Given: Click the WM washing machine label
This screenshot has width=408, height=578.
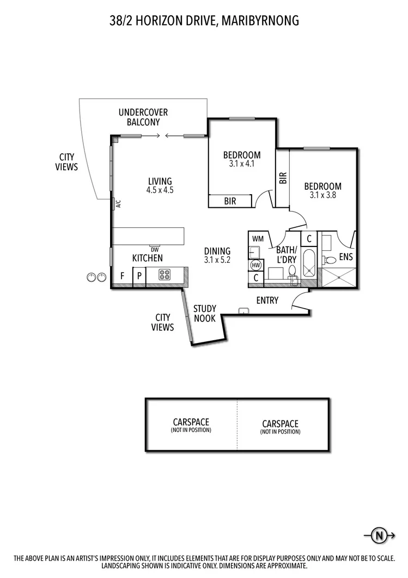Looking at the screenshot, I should click(258, 239).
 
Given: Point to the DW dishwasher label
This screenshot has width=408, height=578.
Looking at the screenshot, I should click(155, 250).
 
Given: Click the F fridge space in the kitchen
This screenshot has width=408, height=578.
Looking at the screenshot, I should click(123, 276).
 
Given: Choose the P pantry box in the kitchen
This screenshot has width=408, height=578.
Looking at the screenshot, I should click(139, 276).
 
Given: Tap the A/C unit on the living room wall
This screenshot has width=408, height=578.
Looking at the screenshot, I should click(118, 204).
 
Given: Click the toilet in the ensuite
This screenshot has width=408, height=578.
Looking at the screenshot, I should click(329, 260).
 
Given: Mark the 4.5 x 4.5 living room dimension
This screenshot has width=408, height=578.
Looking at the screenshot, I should click(160, 190).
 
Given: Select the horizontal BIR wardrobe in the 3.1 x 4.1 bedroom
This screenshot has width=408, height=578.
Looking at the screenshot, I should click(230, 201).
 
